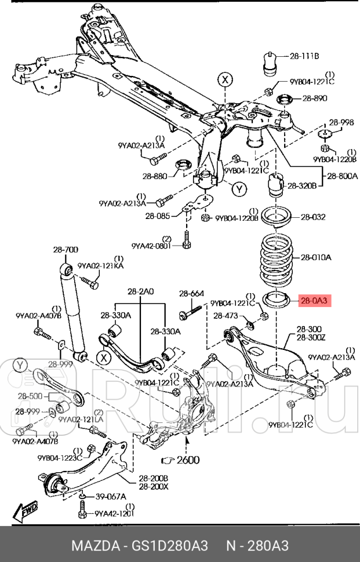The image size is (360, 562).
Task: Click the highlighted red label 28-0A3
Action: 314,301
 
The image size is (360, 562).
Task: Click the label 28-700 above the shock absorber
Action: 65,250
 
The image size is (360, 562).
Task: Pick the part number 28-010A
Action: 315,257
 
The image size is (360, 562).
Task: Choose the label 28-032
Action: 312,217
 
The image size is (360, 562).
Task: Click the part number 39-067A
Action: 110,497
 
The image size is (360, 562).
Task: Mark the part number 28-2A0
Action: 140,293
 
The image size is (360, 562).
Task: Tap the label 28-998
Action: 341,122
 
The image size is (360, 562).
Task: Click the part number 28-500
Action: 29,397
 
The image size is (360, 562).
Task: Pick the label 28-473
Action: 226,316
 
